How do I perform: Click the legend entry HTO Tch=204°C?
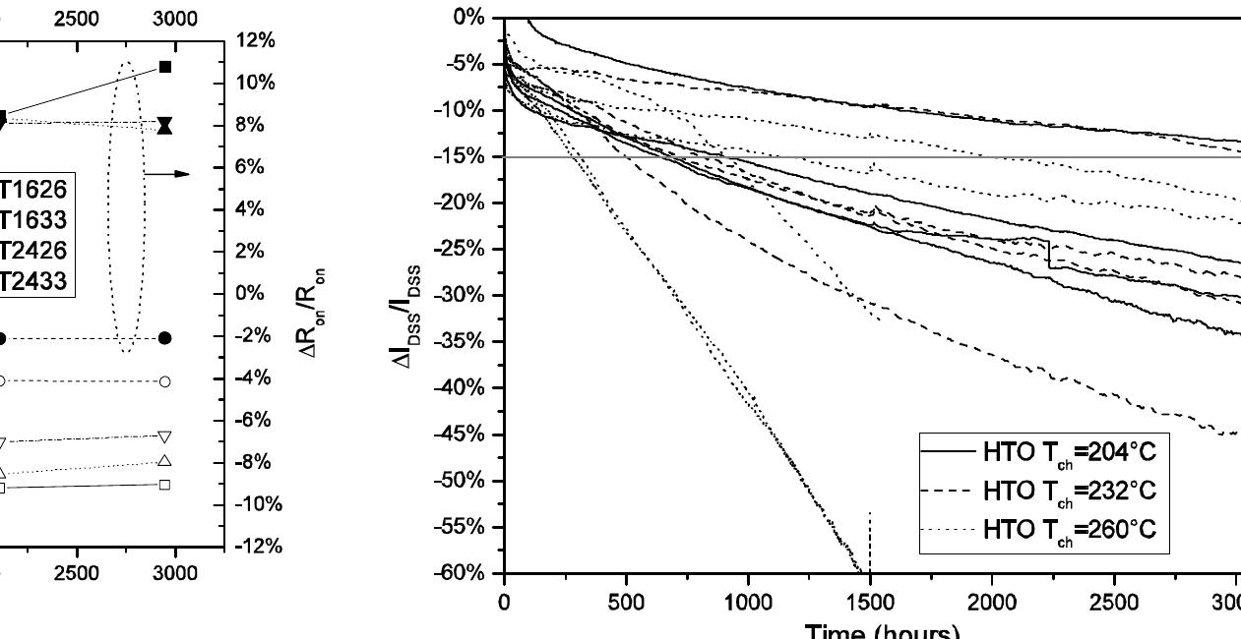pyautogui.click(x=1069, y=453)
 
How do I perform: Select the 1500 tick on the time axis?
pyautogui.click(x=871, y=601)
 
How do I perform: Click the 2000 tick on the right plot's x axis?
pyautogui.click(x=993, y=601)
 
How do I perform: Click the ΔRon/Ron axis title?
pyautogui.click(x=317, y=295)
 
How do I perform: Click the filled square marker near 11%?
pyautogui.click(x=165, y=67)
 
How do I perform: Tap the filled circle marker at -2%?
pyautogui.click(x=165, y=338)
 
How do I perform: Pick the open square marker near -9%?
pyautogui.click(x=165, y=484)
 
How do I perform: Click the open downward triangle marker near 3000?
pyautogui.click(x=165, y=436)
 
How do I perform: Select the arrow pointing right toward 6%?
pyautogui.click(x=166, y=174)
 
